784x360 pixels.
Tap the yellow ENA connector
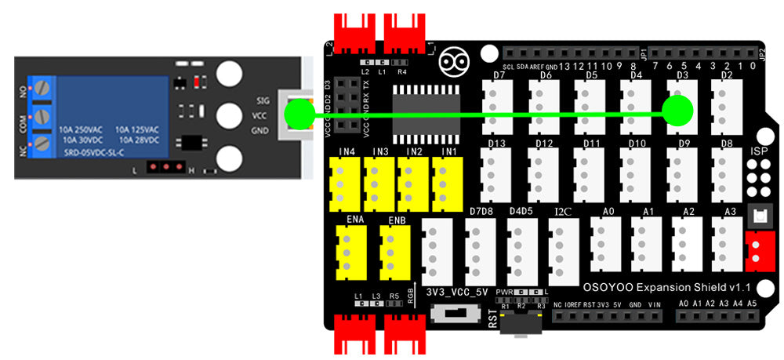pyautogui.click(x=346, y=253)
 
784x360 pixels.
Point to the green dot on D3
pyautogui.click(x=679, y=111)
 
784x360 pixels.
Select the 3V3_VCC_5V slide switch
pyautogui.click(x=452, y=313)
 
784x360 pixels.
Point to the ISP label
pyautogui.click(x=759, y=151)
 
